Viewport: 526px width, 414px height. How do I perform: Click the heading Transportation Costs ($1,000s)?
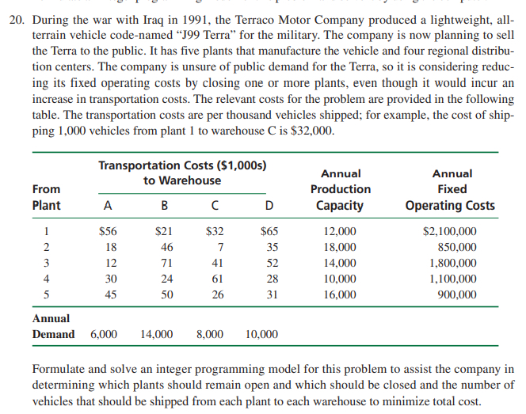point(181,165)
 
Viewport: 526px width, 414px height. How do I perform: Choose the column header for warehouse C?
point(215,206)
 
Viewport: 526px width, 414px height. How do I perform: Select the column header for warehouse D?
point(269,206)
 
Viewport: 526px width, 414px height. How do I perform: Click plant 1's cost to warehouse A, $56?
point(107,232)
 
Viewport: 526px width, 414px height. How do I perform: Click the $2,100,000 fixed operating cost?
point(449,232)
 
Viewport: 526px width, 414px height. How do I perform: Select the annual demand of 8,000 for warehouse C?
point(209,335)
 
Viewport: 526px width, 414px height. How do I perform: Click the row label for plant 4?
point(46,279)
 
